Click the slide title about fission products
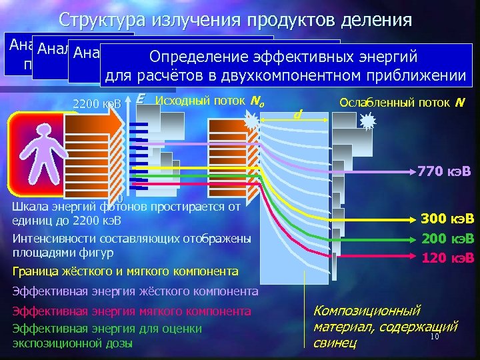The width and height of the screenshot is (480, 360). (235, 19)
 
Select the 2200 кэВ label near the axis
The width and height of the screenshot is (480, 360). (97, 104)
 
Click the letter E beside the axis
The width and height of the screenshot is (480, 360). (140, 99)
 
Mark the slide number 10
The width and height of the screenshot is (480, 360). (433, 337)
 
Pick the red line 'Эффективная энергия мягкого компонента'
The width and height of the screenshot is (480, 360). (131, 311)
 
